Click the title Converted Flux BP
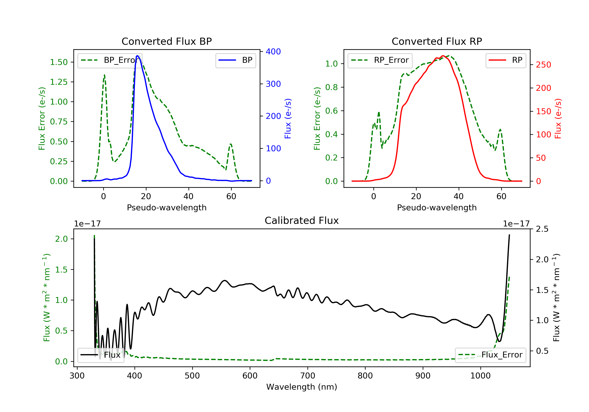click(x=166, y=41)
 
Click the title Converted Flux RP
click(x=437, y=41)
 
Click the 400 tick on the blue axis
click(x=273, y=52)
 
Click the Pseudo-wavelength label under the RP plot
click(x=437, y=207)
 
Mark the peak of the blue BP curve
click(x=137, y=56)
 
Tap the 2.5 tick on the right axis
click(x=542, y=229)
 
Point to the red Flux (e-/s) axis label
click(x=558, y=118)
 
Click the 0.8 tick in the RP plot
click(x=331, y=87)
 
